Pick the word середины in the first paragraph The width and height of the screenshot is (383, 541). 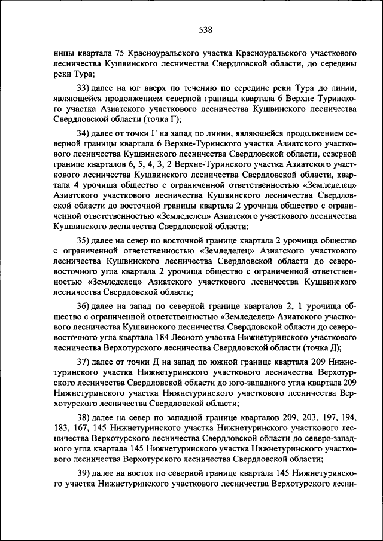[x=339, y=63]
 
